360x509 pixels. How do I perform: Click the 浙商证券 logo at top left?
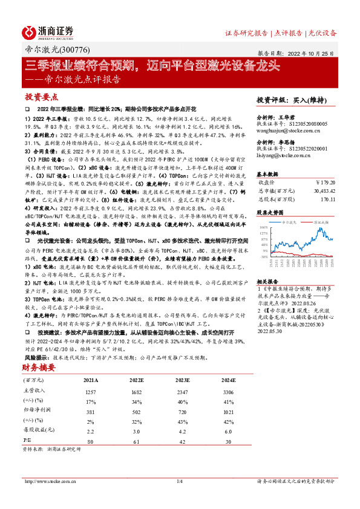pyautogui.click(x=48, y=31)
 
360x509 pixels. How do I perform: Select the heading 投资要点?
pyautogui.click(x=42, y=97)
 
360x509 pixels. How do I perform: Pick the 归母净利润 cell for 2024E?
pyautogui.click(x=226, y=412)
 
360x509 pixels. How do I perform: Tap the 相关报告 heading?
pyautogui.click(x=267, y=282)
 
